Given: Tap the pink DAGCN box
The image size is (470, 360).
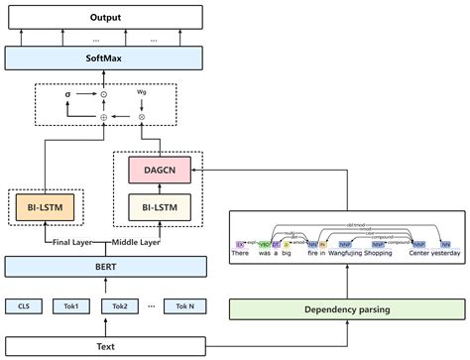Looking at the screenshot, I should [158, 170].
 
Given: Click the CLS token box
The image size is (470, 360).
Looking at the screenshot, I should [24, 305].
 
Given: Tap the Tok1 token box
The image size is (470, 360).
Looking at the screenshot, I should [71, 305].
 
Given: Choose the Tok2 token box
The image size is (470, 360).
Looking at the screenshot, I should [120, 305].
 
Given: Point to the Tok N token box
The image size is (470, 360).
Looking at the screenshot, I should [183, 305].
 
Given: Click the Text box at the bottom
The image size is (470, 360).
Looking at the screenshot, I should [106, 345].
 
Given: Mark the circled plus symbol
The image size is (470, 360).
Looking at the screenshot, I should [104, 116].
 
